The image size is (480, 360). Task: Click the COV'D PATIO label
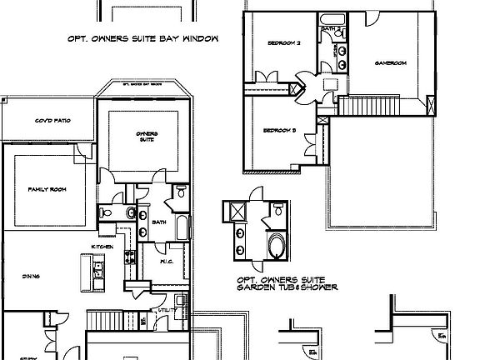(x=52, y=121)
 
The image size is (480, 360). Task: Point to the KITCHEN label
(x=103, y=247)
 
